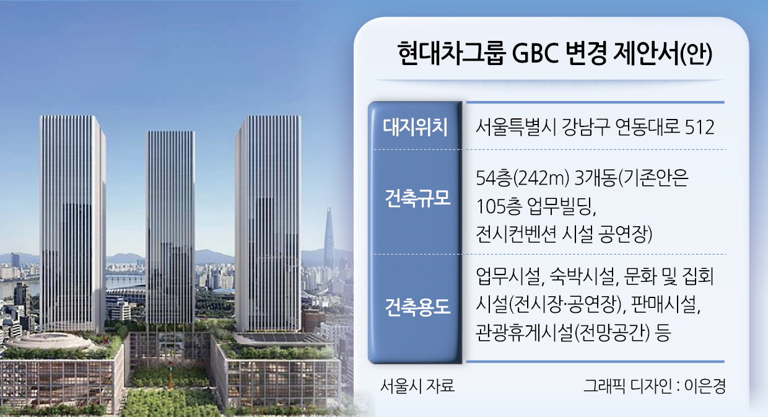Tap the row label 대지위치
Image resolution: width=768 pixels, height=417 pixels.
[x=415, y=127]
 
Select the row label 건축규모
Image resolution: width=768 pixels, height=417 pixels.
[x=417, y=198]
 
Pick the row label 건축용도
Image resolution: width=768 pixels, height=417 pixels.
[x=417, y=307]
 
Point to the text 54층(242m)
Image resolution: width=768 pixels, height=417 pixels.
[x=523, y=178]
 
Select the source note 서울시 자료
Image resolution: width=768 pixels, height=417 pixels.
[x=417, y=386]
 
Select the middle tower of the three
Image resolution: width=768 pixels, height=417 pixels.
[x=170, y=227]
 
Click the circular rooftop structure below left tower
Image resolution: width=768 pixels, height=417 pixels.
[x=49, y=341]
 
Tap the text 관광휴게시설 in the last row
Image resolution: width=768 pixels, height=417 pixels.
[x=524, y=333]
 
